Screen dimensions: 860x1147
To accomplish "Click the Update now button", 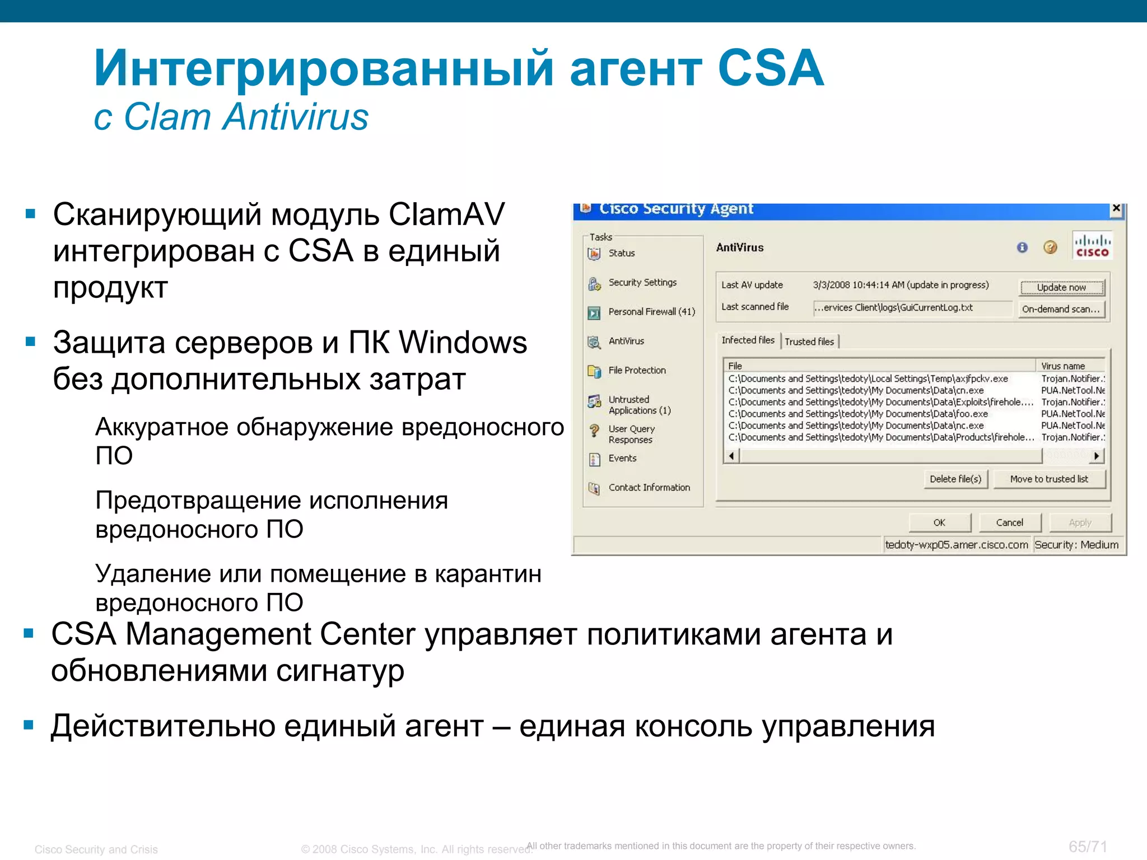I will (1061, 288).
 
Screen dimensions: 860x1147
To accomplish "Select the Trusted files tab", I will (809, 342).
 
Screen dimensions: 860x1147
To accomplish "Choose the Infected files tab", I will (748, 340).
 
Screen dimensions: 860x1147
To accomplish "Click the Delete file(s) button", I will (955, 479).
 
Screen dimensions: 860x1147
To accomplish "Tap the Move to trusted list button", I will (1049, 479).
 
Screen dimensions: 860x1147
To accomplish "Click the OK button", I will (939, 522).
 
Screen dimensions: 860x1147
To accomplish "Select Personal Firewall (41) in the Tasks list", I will (651, 312).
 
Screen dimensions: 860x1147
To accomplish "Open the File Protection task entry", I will (637, 371).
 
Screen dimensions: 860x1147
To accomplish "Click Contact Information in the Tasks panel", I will (649, 488).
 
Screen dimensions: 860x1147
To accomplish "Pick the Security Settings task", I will (642, 283).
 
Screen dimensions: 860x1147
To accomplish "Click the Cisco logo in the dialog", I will (1092, 246).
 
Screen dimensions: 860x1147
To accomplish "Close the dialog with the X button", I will (1116, 208).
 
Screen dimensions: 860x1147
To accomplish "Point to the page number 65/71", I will (1088, 847).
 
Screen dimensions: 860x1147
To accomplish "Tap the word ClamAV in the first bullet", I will (446, 214).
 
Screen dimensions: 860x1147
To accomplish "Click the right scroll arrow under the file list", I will (1097, 456).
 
